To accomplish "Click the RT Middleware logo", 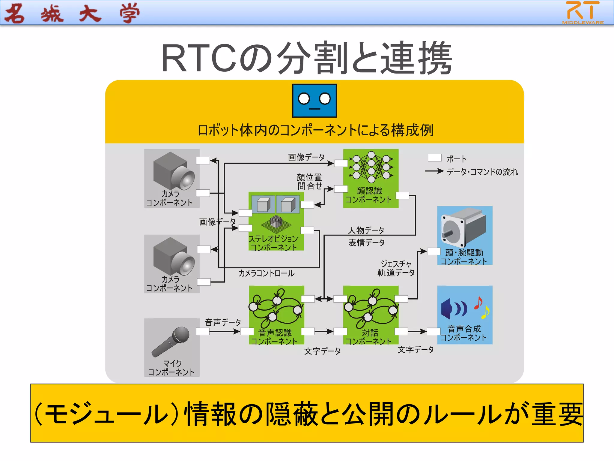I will tap(583, 13).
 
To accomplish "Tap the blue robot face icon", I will tap(314, 101).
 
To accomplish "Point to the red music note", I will tap(478, 303).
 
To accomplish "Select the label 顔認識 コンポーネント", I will tap(369, 195).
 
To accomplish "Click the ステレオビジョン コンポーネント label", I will tap(273, 243).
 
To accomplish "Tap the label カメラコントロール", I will tap(266, 273).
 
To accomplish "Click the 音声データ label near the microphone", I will tap(223, 322).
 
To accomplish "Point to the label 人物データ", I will tap(366, 230).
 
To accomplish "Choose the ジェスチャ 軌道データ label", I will tap(396, 268).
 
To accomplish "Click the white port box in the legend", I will tap(434, 158).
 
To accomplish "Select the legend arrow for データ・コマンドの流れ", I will tap(434, 171).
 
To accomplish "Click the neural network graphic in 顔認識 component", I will tap(371, 167).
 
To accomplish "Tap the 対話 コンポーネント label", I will tap(369, 337).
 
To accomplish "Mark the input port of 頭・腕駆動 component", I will tap(434, 251).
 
